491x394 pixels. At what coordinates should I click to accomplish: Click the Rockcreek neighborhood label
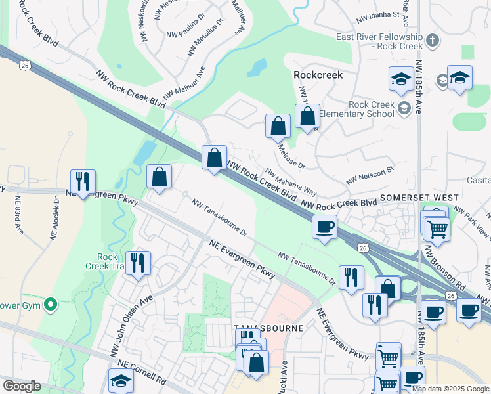pyautogui.click(x=318, y=75)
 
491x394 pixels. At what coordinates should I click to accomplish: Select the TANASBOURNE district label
pyautogui.click(x=268, y=327)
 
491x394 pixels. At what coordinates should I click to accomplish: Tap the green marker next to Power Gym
pyautogui.click(x=50, y=304)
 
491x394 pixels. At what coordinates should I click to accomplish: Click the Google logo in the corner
pyautogui.click(x=22, y=386)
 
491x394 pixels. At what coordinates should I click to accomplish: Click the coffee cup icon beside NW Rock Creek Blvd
pyautogui.click(x=324, y=228)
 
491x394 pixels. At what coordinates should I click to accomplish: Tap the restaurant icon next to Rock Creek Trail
pyautogui.click(x=138, y=263)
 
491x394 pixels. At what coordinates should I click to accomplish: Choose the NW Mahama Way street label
pyautogui.click(x=291, y=183)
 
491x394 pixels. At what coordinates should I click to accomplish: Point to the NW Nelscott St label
pyautogui.click(x=370, y=174)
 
